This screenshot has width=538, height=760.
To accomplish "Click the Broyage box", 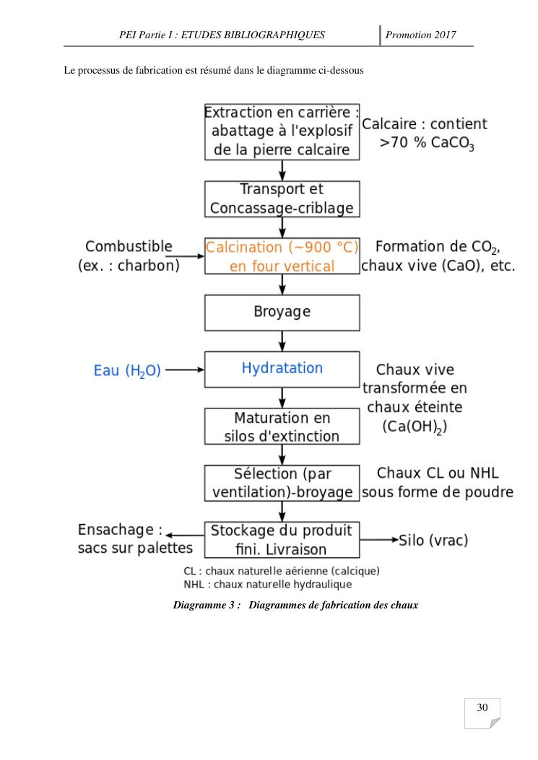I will pos(282,312).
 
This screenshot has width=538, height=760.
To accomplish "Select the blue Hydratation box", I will pos(282,368).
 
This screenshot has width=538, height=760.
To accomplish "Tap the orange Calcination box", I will pos(282,256).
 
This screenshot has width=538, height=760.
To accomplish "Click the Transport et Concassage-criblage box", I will pos(282,198).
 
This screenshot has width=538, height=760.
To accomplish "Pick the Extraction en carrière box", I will pos(282,131).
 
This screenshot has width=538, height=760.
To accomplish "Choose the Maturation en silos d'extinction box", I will pos(282,427).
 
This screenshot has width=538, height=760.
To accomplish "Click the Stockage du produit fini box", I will pos(282,539).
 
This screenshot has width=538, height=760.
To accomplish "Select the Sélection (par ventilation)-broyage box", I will pos(282,483).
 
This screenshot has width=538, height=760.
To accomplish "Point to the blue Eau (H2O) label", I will pos(127,371).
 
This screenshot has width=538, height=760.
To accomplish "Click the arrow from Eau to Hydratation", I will pos(185,370).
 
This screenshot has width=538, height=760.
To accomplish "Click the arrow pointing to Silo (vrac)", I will pos(379,539).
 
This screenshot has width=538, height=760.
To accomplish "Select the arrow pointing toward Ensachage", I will pos(184,535).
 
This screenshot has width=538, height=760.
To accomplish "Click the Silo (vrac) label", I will pos(434,540).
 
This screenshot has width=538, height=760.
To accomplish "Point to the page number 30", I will pos(482,708).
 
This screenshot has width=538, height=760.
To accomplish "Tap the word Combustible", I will pos(129,246).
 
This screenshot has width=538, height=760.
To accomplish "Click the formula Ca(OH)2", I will pos(415,427).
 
